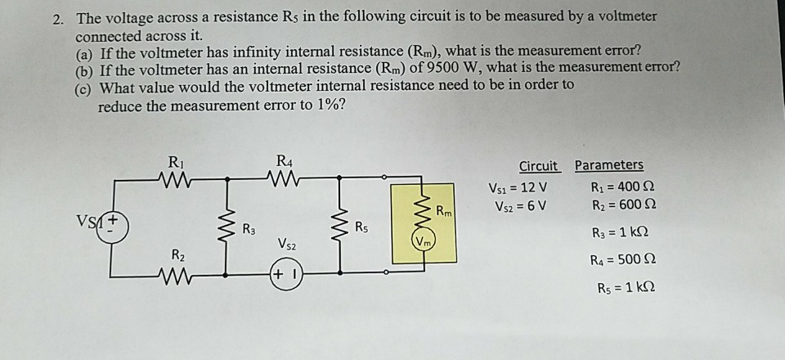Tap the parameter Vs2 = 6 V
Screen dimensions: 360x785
click(518, 205)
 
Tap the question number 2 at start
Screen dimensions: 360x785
click(57, 16)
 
